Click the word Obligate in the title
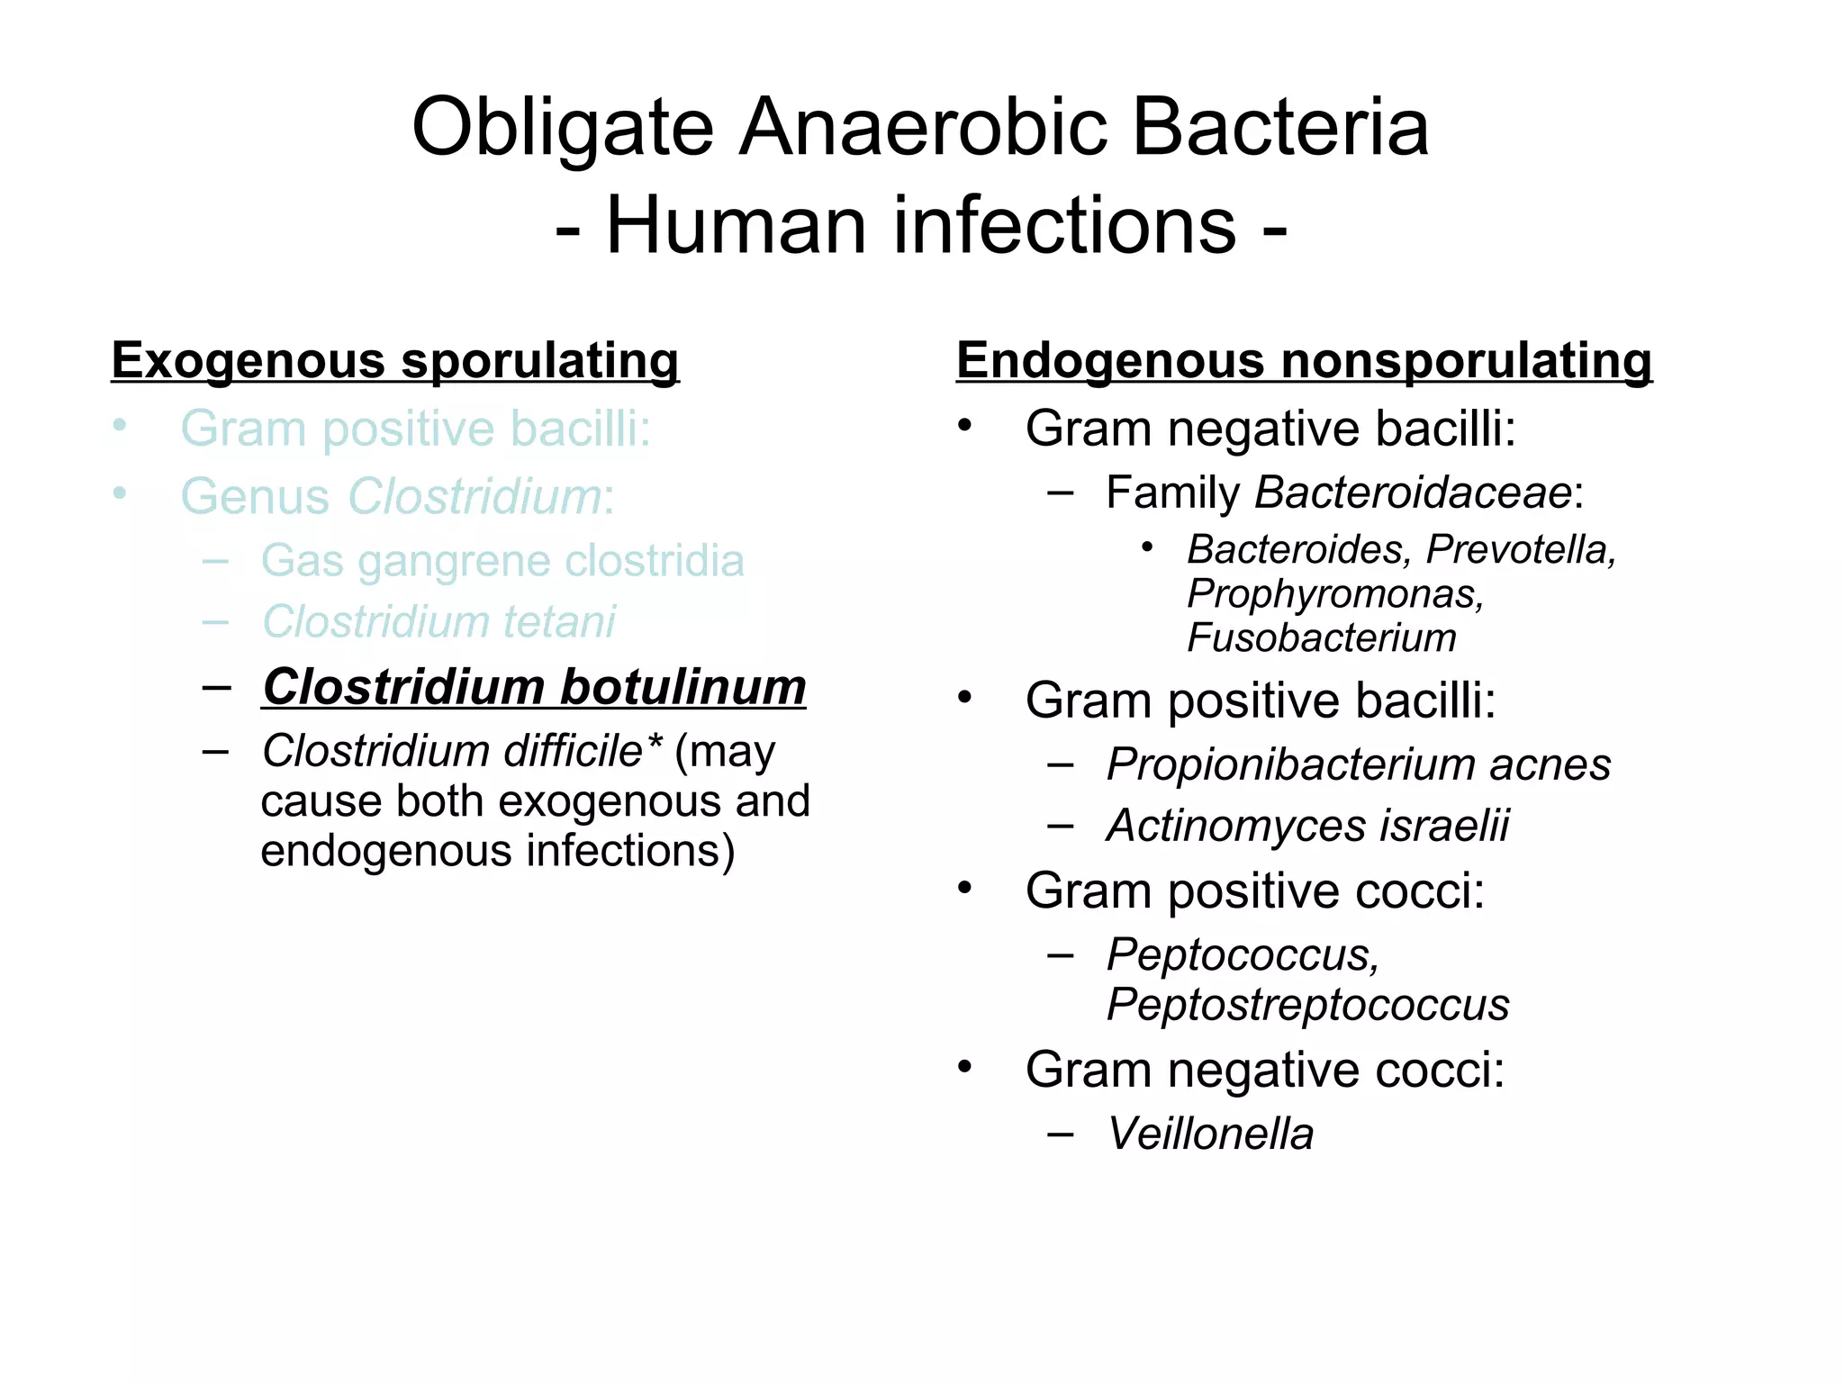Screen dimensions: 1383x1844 click(x=562, y=128)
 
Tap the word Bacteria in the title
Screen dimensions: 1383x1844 click(x=1279, y=128)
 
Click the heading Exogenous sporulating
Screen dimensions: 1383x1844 click(x=394, y=361)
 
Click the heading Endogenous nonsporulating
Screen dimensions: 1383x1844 click(x=1303, y=361)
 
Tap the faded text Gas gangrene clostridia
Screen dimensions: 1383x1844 click(x=502, y=561)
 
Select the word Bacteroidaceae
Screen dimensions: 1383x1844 click(x=1413, y=493)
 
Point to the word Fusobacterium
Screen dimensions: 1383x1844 click(x=1321, y=638)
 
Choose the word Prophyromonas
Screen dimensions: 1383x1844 click(x=1334, y=594)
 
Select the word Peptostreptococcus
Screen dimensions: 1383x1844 click(x=1307, y=1005)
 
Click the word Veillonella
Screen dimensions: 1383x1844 click(x=1209, y=1134)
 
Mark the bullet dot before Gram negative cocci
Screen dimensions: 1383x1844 click(x=965, y=1068)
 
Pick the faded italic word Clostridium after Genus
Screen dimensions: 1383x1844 click(x=475, y=496)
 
